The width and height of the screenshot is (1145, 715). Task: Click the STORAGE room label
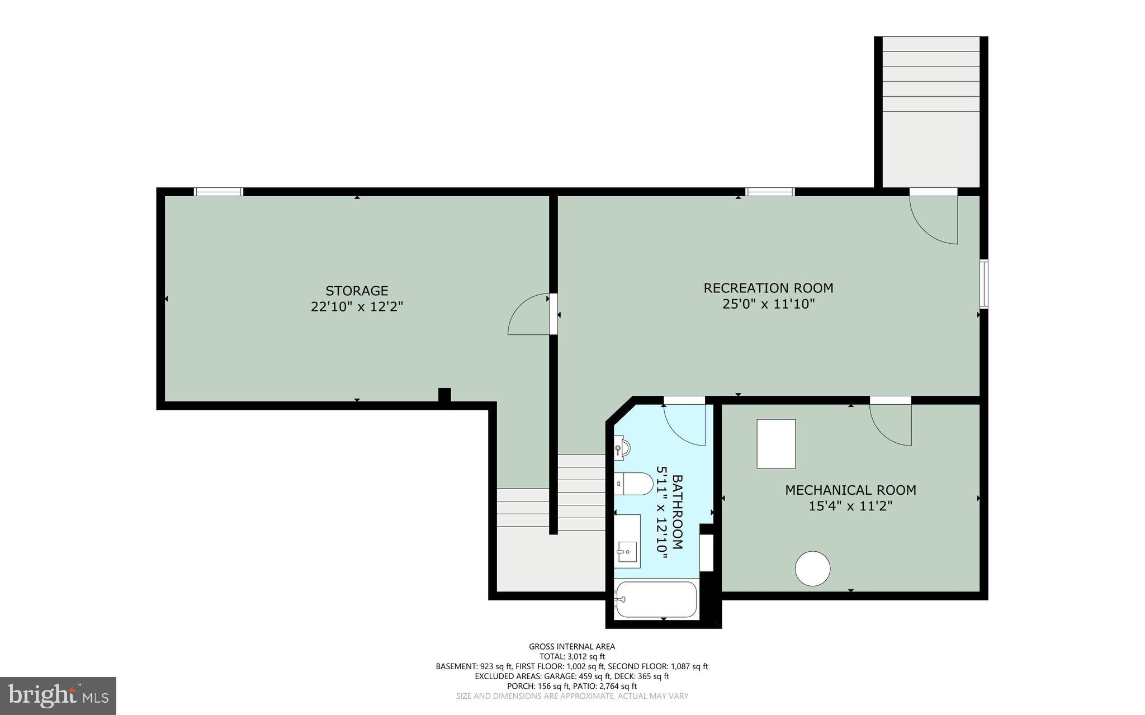357,291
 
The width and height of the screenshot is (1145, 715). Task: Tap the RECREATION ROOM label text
768,288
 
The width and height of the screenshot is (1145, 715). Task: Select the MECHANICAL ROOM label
850,490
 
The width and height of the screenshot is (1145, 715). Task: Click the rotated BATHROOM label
677,512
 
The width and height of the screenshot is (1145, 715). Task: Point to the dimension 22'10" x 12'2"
357,307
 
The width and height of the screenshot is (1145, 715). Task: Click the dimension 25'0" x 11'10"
768,304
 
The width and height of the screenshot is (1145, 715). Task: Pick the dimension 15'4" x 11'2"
850,506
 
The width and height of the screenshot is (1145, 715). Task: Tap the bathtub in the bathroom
656,599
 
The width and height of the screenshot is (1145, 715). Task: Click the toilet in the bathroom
635,484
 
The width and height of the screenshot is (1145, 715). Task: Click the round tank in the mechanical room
812,569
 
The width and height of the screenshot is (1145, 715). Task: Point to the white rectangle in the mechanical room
776,443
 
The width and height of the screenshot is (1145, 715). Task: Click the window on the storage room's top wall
219,192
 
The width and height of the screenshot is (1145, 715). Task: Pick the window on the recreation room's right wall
983,283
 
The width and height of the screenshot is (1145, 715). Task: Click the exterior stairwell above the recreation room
931,112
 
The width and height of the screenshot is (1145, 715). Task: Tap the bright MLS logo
58,695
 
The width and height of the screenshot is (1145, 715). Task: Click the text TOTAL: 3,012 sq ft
572,656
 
